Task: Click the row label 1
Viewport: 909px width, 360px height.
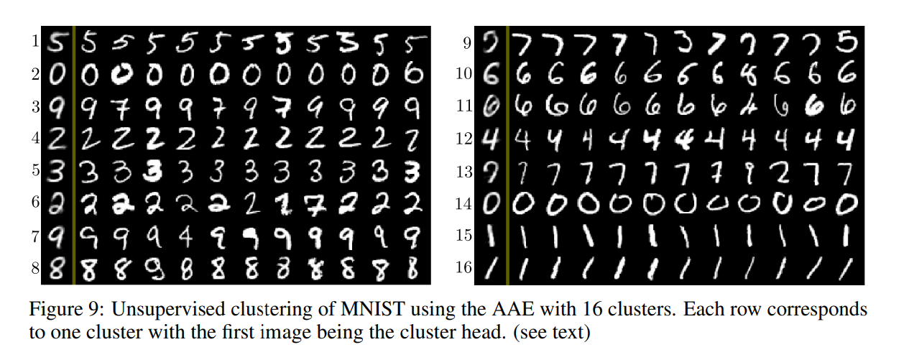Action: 34,42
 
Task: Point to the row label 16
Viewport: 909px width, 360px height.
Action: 464,268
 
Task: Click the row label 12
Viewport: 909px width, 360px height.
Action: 464,139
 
